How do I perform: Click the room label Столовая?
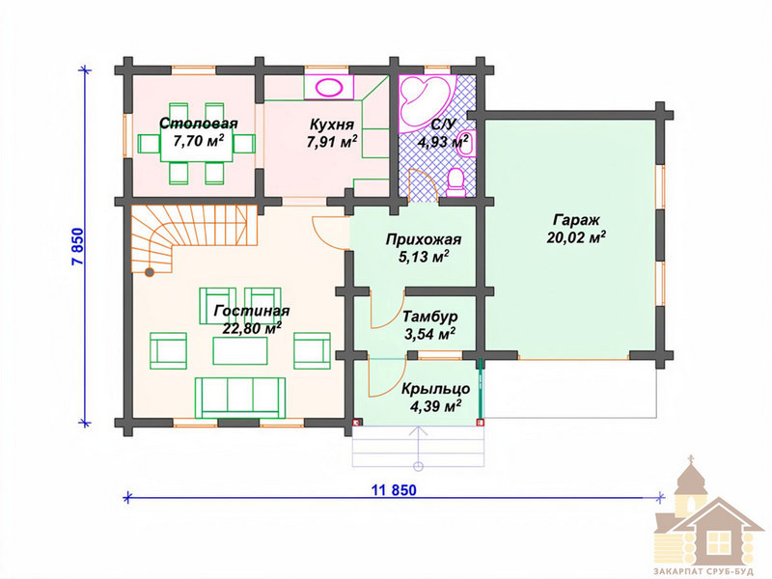click(199, 124)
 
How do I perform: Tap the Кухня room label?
click(331, 124)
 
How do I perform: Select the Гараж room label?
click(575, 220)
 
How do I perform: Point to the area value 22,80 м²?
click(252, 327)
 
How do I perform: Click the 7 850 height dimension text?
click(78, 247)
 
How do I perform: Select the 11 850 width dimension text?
click(394, 490)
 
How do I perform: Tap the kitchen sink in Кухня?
click(329, 88)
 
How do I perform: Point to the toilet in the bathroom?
click(455, 182)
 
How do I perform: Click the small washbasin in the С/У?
click(466, 143)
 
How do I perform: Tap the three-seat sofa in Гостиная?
click(239, 398)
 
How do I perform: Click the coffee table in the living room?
click(240, 350)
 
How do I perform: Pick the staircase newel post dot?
click(149, 272)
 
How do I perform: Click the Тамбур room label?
click(430, 317)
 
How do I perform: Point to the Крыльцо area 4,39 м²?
click(435, 406)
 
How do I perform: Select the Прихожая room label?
click(424, 239)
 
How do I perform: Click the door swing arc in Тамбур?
click(389, 312)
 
